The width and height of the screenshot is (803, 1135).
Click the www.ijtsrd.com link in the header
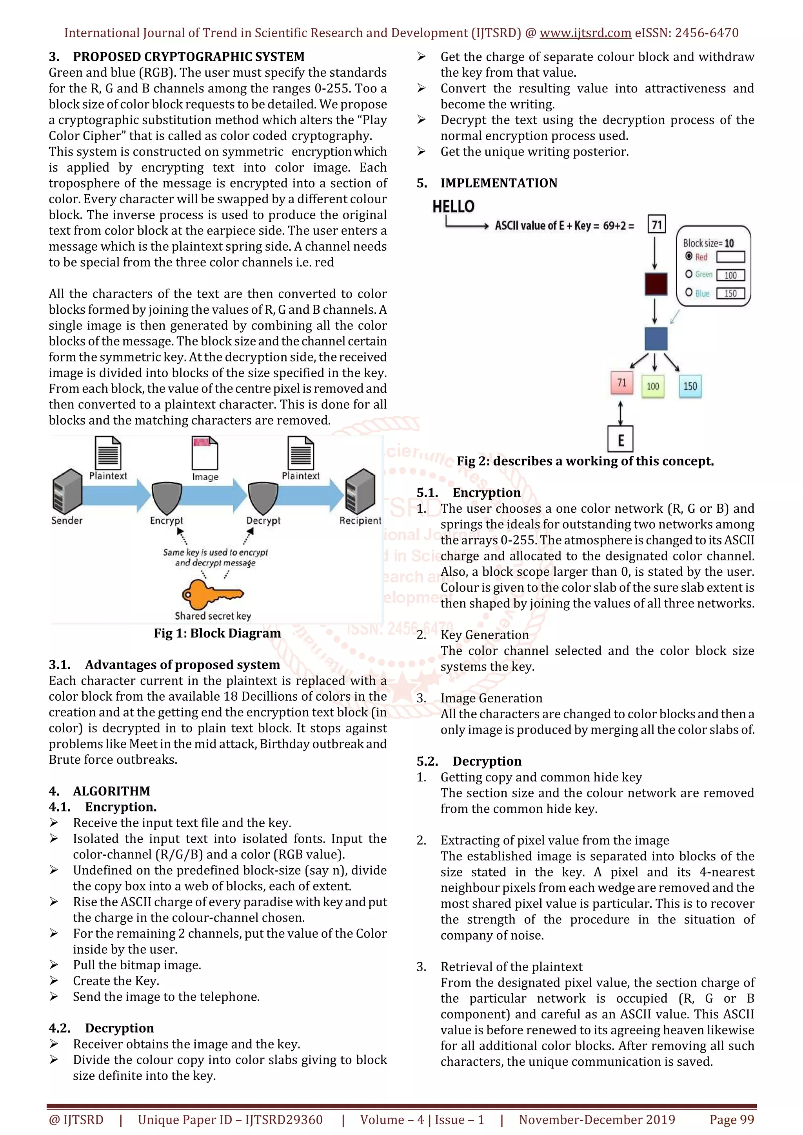[x=585, y=33]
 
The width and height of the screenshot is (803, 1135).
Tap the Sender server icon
[x=67, y=492]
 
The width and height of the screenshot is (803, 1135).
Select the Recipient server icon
[x=360, y=492]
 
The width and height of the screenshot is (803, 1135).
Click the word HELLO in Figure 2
[x=453, y=207]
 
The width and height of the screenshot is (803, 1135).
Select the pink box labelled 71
[x=622, y=383]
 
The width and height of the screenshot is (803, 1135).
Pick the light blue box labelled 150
[x=690, y=386]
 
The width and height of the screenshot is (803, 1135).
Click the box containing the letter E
[x=620, y=439]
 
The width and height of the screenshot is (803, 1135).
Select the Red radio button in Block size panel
[x=689, y=256]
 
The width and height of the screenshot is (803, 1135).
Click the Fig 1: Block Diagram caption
[x=217, y=633]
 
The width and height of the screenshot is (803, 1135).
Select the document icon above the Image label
[x=205, y=453]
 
